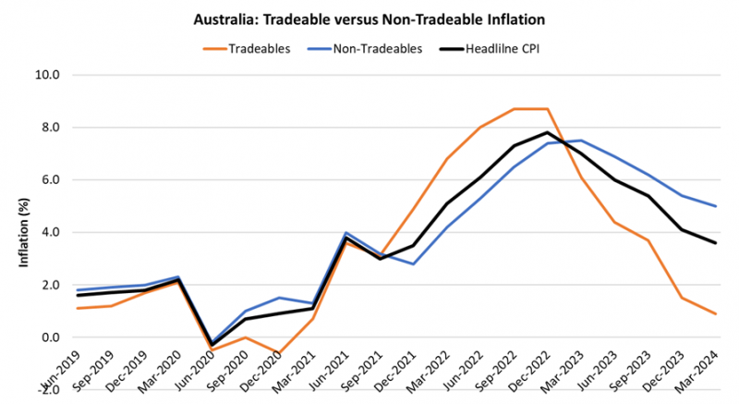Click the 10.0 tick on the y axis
[47, 75]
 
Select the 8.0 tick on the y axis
[47, 128]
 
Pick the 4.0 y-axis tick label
[47, 232]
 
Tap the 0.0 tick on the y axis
[47, 337]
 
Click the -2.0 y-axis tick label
[45, 389]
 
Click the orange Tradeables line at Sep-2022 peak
[514, 109]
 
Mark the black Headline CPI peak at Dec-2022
[549, 132]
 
